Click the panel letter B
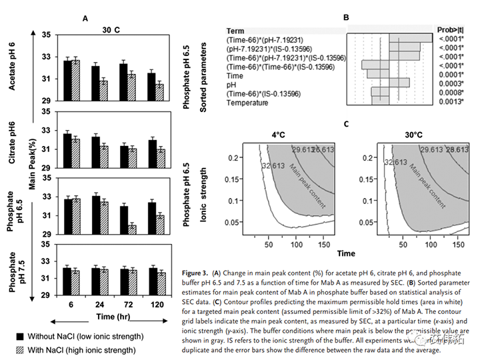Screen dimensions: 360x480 click(346, 19)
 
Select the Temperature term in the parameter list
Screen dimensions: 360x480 click(247, 103)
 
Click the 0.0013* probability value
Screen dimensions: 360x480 click(451, 103)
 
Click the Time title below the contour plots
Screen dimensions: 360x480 click(345, 254)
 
